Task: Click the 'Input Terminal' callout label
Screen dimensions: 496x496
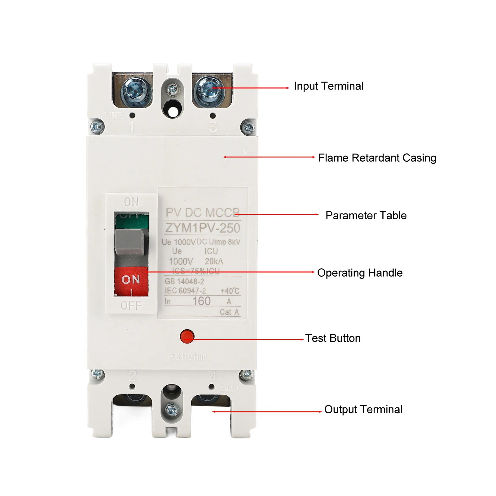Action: click(328, 86)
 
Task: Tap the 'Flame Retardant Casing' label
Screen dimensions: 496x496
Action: click(377, 158)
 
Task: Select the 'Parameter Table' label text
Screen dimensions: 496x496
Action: click(366, 216)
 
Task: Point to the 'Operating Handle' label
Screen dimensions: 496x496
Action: click(360, 273)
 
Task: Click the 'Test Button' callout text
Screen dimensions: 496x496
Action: click(333, 338)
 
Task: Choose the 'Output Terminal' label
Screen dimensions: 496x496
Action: click(363, 410)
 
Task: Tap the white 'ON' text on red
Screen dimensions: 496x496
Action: click(131, 280)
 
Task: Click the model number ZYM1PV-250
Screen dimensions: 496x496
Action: click(203, 228)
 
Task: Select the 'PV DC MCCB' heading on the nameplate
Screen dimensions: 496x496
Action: click(203, 213)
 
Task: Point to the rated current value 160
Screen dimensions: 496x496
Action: click(201, 301)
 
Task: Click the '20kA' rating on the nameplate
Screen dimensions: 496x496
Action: click(214, 261)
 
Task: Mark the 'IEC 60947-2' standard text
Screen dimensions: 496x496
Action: click(185, 291)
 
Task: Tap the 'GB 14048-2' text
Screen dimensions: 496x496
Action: click(184, 282)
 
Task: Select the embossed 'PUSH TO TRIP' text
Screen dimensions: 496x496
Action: click(187, 357)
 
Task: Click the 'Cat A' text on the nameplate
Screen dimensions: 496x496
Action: click(229, 312)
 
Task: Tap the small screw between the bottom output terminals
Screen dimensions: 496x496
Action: click(172, 410)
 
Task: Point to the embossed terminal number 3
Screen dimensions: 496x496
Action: click(213, 127)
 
